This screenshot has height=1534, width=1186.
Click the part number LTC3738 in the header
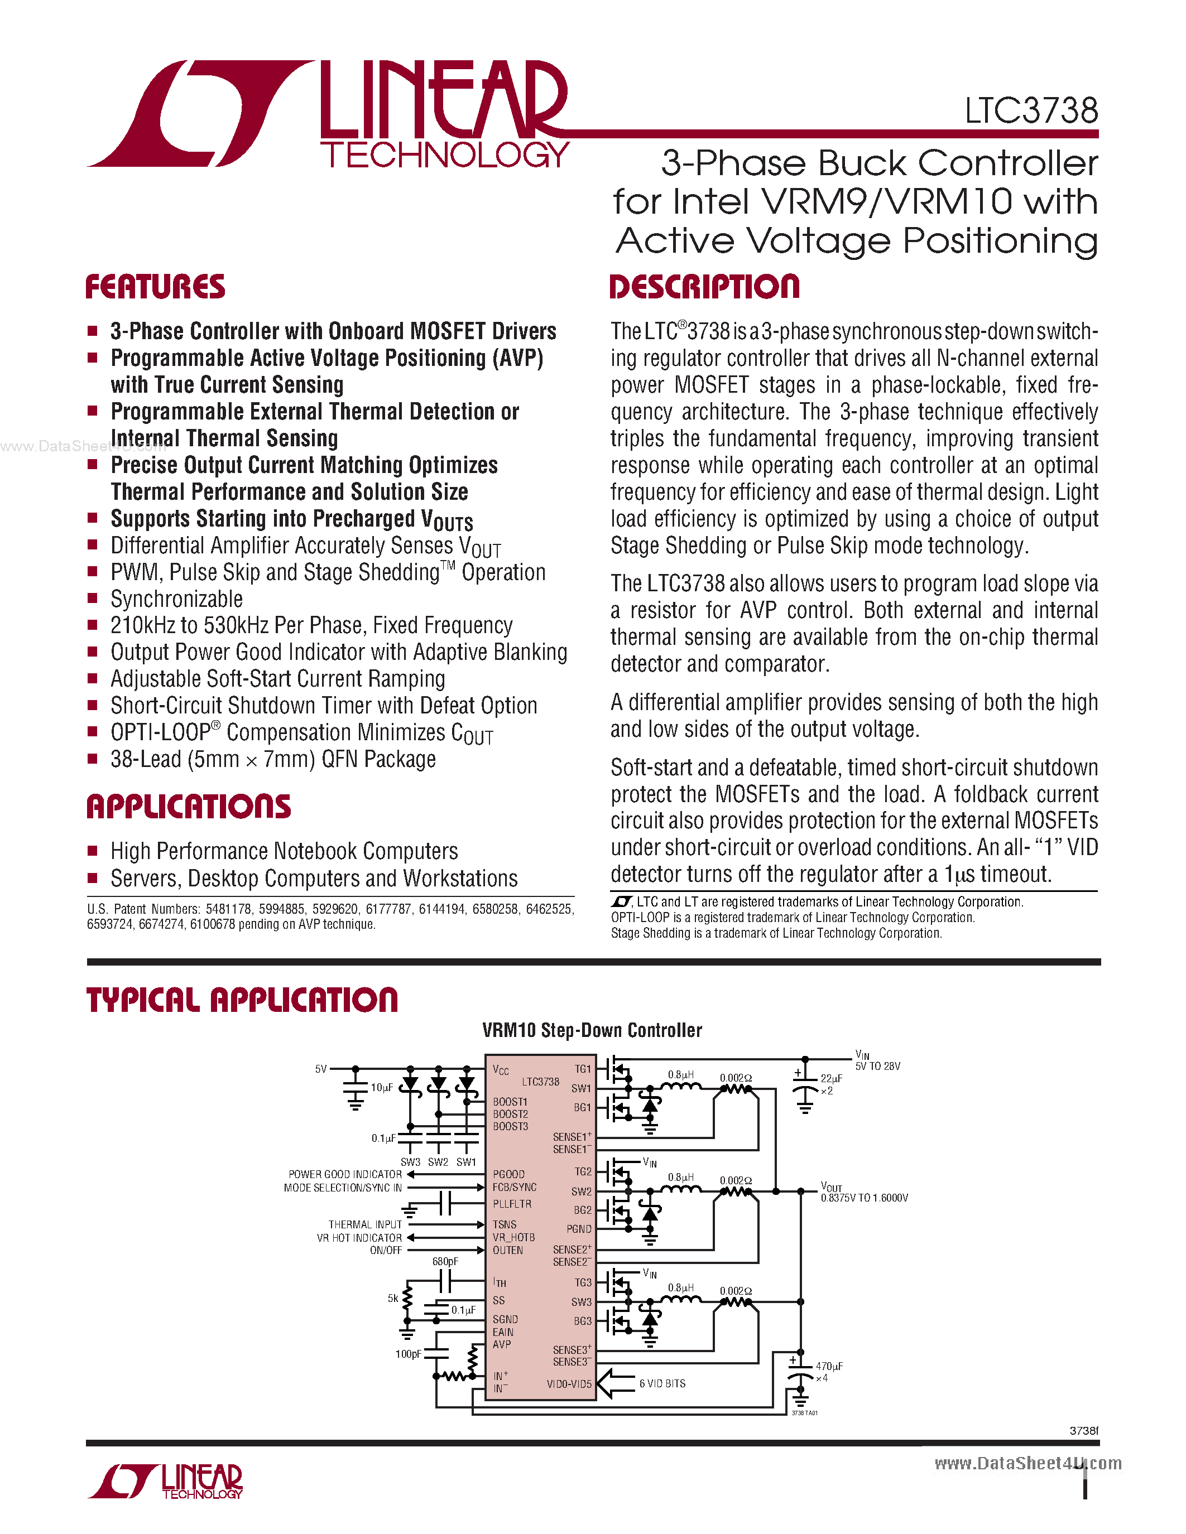point(1031,110)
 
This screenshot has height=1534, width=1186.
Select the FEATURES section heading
point(155,287)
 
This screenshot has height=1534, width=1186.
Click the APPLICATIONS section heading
point(188,807)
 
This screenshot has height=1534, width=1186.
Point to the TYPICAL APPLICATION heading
point(242,1000)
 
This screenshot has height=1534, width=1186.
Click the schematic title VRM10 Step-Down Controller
point(592,1030)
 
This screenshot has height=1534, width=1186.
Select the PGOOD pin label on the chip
point(508,1174)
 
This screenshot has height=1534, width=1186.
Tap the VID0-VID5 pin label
point(569,1384)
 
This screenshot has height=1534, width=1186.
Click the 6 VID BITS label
point(662,1383)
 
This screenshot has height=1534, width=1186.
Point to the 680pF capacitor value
point(445,1261)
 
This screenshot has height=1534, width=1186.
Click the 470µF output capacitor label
point(829,1366)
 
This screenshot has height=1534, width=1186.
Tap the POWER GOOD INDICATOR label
point(345,1174)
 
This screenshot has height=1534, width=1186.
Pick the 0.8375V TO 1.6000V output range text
point(864,1198)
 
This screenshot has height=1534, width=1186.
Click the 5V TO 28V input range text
point(877,1066)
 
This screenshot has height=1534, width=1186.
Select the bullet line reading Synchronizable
point(176,599)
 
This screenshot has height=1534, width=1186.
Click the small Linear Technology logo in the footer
point(166,1482)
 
